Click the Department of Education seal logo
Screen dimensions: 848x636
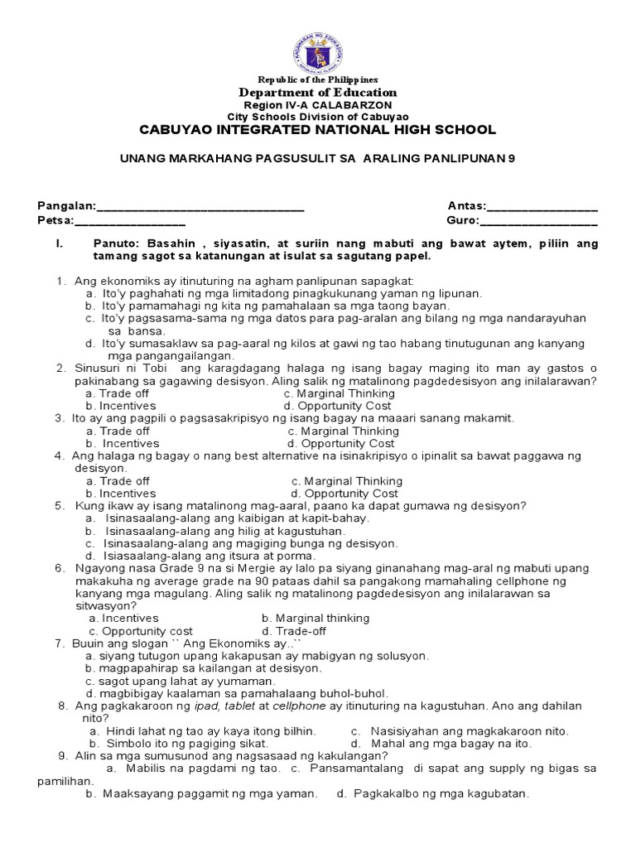[318, 46]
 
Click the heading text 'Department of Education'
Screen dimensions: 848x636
[318, 93]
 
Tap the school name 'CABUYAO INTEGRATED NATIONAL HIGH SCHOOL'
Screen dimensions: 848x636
[318, 130]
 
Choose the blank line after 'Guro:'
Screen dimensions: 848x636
[538, 221]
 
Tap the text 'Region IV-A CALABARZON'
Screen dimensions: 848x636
[318, 106]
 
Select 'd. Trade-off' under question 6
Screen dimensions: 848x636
[294, 630]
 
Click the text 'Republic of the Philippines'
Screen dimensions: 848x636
[318, 79]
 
